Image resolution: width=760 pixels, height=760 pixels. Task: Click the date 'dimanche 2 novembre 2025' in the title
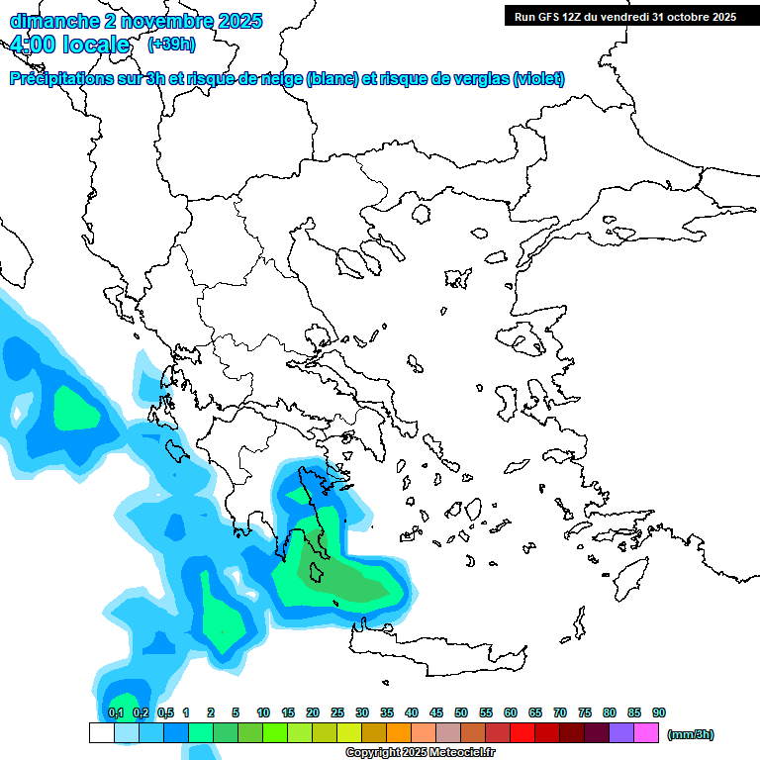pyautogui.click(x=136, y=20)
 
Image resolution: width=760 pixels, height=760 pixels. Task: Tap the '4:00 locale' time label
pyautogui.click(x=68, y=45)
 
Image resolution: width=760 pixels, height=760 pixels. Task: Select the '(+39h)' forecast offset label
pyautogui.click(x=171, y=45)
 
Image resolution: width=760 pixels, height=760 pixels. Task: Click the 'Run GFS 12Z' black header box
pyautogui.click(x=624, y=16)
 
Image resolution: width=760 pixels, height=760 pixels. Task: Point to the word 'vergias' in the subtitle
pyautogui.click(x=473, y=79)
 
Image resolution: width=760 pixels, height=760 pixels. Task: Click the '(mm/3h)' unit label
pyautogui.click(x=691, y=733)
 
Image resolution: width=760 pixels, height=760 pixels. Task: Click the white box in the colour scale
pyautogui.click(x=102, y=733)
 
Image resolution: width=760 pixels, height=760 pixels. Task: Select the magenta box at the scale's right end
pyautogui.click(x=646, y=733)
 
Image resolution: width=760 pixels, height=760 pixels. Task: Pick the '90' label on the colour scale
pyautogui.click(x=659, y=712)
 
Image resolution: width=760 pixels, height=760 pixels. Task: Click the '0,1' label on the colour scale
pyautogui.click(x=115, y=712)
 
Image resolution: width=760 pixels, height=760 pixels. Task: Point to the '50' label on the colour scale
pyautogui.click(x=461, y=712)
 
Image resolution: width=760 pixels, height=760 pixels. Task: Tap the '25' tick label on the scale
pyautogui.click(x=337, y=712)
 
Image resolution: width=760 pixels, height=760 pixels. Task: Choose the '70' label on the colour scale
pyautogui.click(x=560, y=712)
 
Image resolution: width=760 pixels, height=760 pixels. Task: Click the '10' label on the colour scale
pyautogui.click(x=263, y=712)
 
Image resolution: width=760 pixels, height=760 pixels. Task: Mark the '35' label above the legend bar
pyautogui.click(x=387, y=712)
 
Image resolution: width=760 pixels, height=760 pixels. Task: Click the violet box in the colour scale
pyautogui.click(x=621, y=733)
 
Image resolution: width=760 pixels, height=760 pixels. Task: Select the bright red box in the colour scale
pyautogui.click(x=522, y=733)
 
